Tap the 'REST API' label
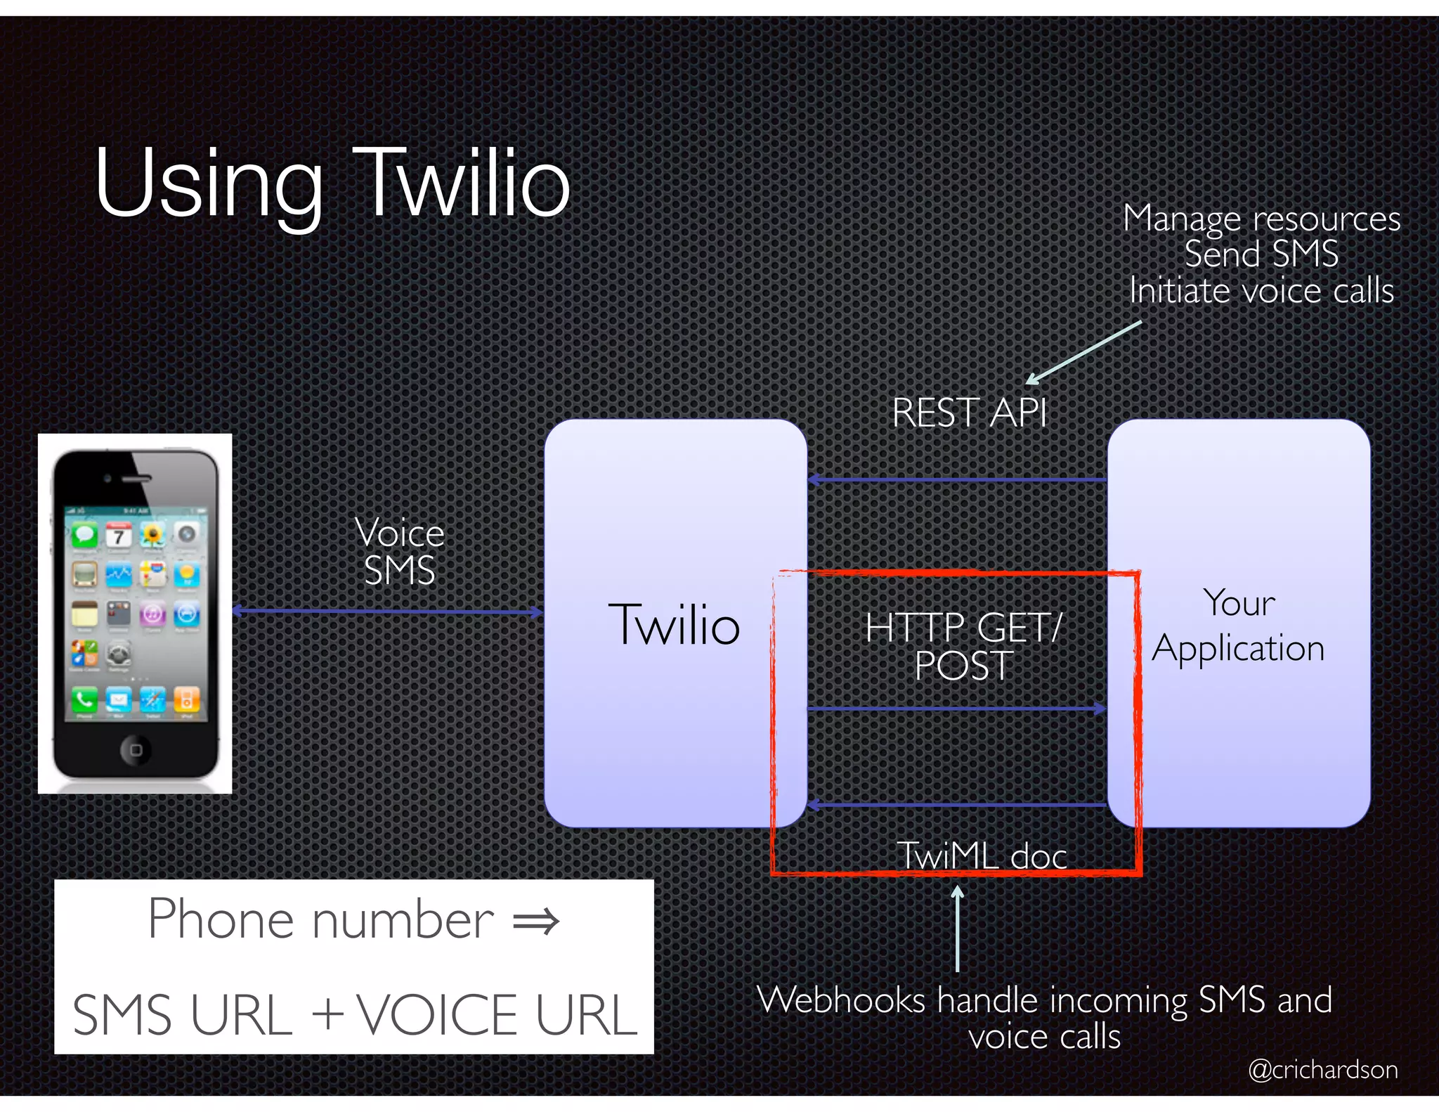pyautogui.click(x=969, y=413)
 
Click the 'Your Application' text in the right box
pyautogui.click(x=1239, y=626)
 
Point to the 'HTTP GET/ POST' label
pyautogui.click(x=963, y=646)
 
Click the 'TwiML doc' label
pyautogui.click(x=982, y=855)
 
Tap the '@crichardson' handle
pyautogui.click(x=1322, y=1069)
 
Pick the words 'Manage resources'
pyautogui.click(x=1261, y=219)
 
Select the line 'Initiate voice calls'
pyautogui.click(x=1261, y=291)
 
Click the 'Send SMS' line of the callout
pyautogui.click(x=1261, y=254)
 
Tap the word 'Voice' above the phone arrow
pyautogui.click(x=400, y=532)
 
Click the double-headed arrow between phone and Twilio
pyautogui.click(x=387, y=612)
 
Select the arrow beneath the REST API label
pyautogui.click(x=957, y=480)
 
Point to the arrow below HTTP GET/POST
pyautogui.click(x=957, y=709)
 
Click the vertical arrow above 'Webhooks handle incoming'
pyautogui.click(x=957, y=928)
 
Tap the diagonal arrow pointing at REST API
pyautogui.click(x=1083, y=353)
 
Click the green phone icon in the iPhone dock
pyautogui.click(x=84, y=700)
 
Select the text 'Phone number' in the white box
pyautogui.click(x=321, y=919)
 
